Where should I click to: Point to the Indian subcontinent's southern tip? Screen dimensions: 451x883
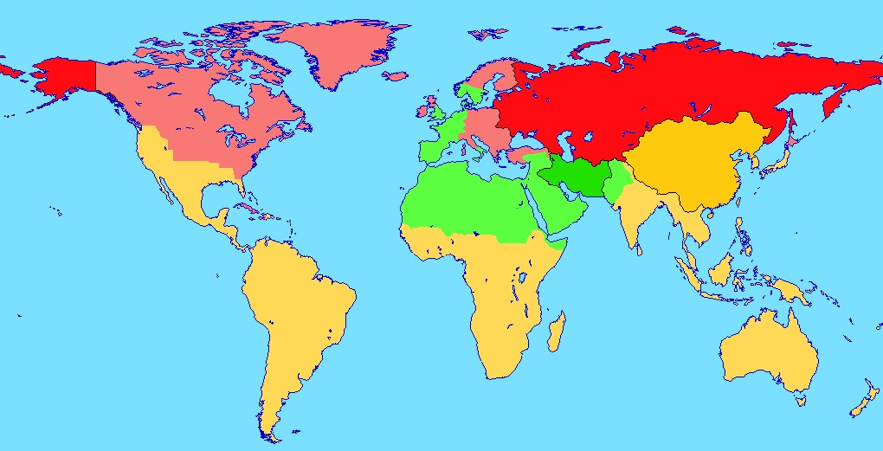(640, 247)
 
